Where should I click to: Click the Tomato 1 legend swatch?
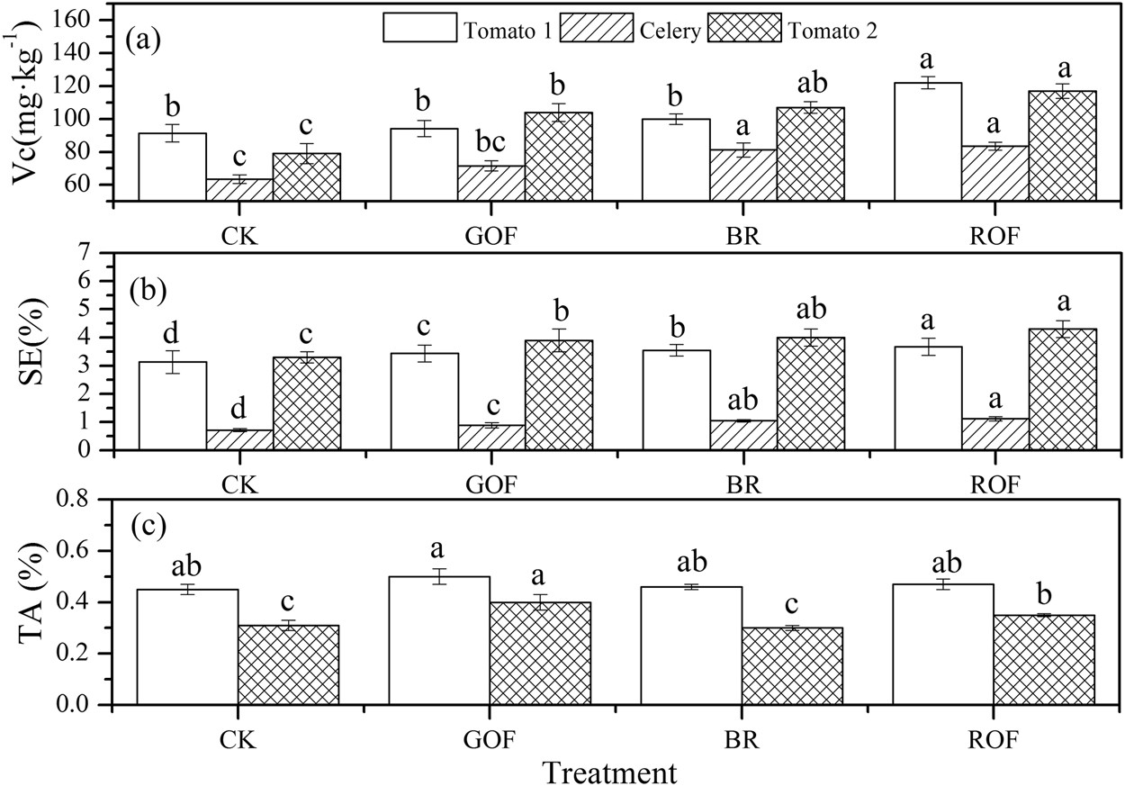(x=420, y=27)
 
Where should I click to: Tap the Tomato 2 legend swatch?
(x=744, y=27)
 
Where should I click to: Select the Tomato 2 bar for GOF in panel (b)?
(x=558, y=395)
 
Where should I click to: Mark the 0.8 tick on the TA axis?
(x=94, y=499)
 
